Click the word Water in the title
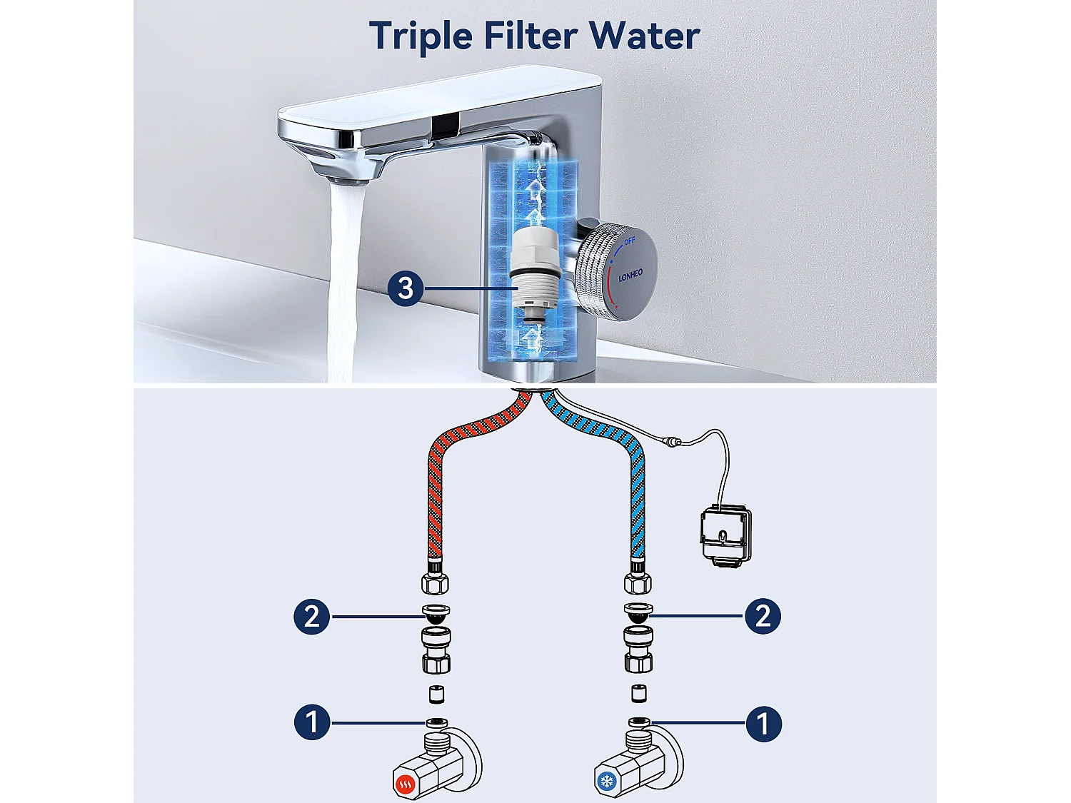[645, 36]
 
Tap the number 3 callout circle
[406, 288]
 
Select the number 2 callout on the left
[312, 617]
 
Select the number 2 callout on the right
[763, 616]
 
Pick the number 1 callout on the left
[312, 722]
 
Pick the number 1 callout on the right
[763, 723]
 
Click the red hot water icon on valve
[406, 785]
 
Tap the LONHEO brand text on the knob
[630, 276]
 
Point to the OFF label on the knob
[629, 242]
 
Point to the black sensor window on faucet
[446, 126]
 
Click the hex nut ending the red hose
[436, 581]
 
